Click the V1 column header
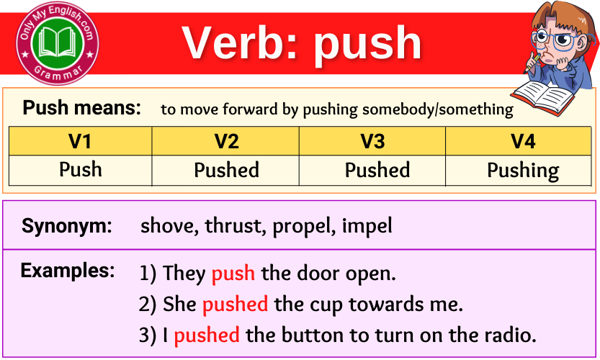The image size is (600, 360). coord(80,141)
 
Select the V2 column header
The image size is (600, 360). coord(226,141)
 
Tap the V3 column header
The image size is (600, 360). coord(372,141)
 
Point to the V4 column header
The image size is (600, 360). coord(523,141)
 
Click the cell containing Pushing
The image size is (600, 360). coord(523,171)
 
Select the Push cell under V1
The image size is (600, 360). coord(80,170)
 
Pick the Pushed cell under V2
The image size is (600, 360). coord(226,171)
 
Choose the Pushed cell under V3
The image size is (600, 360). coord(377,171)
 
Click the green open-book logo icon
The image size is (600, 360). coord(58,42)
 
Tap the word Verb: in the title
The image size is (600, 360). coord(241,42)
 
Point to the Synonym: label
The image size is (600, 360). coord(67,226)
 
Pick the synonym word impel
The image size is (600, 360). coord(367,226)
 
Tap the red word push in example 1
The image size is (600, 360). coord(233,274)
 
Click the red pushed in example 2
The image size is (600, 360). coord(235,305)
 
